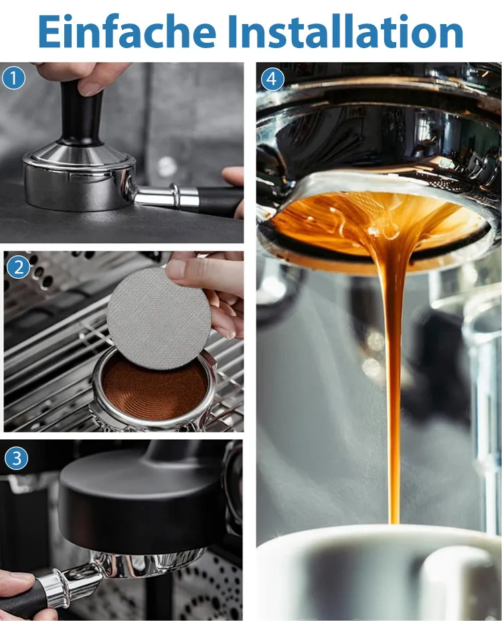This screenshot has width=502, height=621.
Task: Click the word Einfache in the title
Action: click(127, 31)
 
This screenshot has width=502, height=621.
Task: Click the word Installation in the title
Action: click(345, 31)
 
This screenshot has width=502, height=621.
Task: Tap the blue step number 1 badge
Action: click(14, 78)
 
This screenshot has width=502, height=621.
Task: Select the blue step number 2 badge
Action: click(18, 268)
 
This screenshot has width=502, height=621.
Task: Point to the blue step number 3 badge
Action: click(16, 459)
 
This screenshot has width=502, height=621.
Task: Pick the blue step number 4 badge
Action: click(272, 78)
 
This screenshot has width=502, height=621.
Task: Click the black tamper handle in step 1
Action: click(81, 113)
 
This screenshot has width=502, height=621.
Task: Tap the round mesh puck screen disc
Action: click(159, 318)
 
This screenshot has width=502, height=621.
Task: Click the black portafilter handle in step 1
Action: click(220, 201)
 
